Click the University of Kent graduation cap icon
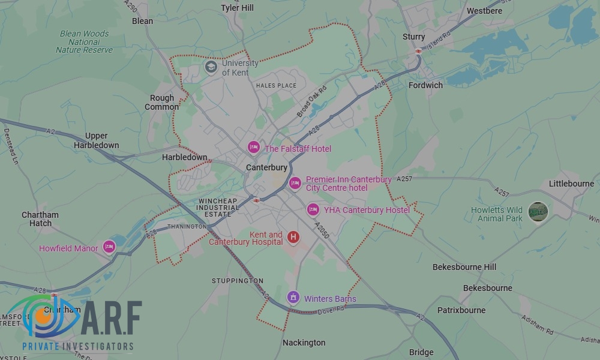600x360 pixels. tap(211, 67)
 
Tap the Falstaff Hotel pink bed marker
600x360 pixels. tap(254, 147)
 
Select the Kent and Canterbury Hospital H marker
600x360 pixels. tap(293, 237)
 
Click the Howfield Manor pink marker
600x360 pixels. tap(109, 246)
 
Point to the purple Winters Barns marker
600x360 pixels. tap(293, 296)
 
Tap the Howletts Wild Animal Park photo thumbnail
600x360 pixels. tap(538, 212)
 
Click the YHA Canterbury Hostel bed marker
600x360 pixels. tap(313, 209)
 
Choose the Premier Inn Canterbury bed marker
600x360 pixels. tap(295, 183)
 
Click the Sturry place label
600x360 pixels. tap(414, 37)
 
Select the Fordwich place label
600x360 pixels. tap(425, 85)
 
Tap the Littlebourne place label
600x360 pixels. tap(571, 184)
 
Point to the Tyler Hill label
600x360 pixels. tap(238, 8)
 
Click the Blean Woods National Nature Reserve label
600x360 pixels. tap(85, 42)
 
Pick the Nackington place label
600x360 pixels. tap(304, 343)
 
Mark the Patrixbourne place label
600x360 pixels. tap(461, 310)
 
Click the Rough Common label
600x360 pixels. tap(162, 103)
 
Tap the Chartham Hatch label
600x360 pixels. tap(40, 219)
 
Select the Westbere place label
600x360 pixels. tap(484, 11)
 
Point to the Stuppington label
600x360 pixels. tap(238, 281)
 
